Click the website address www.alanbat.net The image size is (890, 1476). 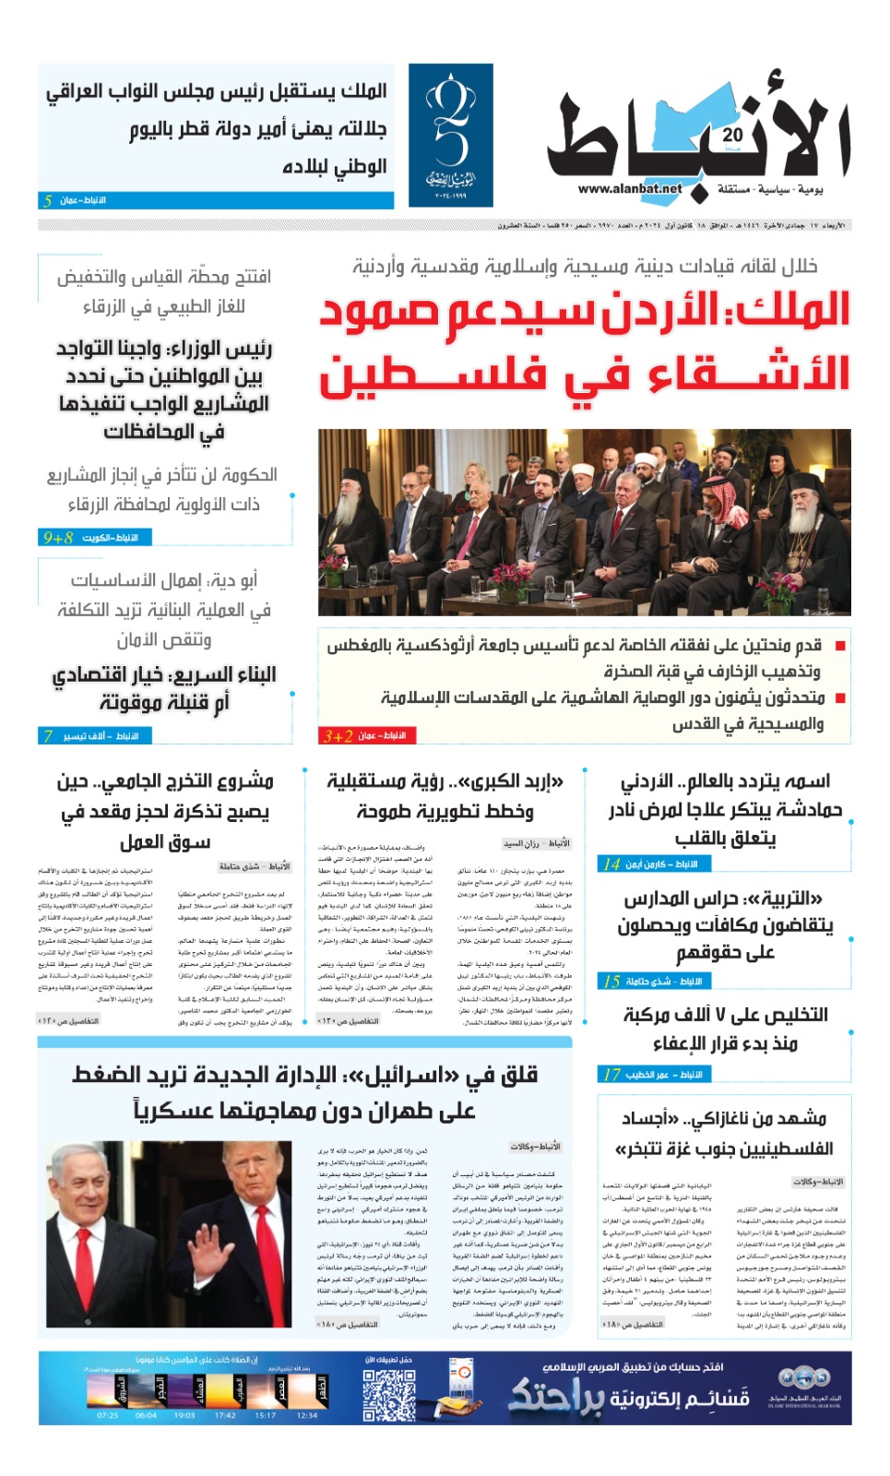coord(630,189)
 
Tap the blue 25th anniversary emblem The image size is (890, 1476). coord(450,135)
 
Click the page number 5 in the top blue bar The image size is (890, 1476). coord(47,200)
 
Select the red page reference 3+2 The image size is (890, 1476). coord(338,735)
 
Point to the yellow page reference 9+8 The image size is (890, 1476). coord(57,537)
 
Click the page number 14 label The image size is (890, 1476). coord(611,864)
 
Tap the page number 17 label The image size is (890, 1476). coord(611,1074)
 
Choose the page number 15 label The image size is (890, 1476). coord(611,981)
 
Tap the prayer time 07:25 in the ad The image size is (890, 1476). coord(107,1415)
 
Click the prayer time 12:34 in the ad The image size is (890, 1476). coord(307,1415)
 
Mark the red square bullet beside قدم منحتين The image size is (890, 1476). coord(840,646)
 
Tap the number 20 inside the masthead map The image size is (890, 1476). coord(733,135)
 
